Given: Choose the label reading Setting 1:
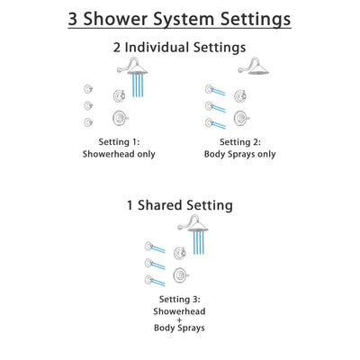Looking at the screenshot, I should (x=121, y=141).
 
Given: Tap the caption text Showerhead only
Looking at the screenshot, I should (x=121, y=154).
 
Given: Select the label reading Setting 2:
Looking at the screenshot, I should (x=239, y=141).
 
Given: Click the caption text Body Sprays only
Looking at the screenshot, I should (x=239, y=154).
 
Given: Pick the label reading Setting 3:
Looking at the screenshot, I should (x=180, y=299).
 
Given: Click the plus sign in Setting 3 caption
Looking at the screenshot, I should (x=180, y=324).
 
